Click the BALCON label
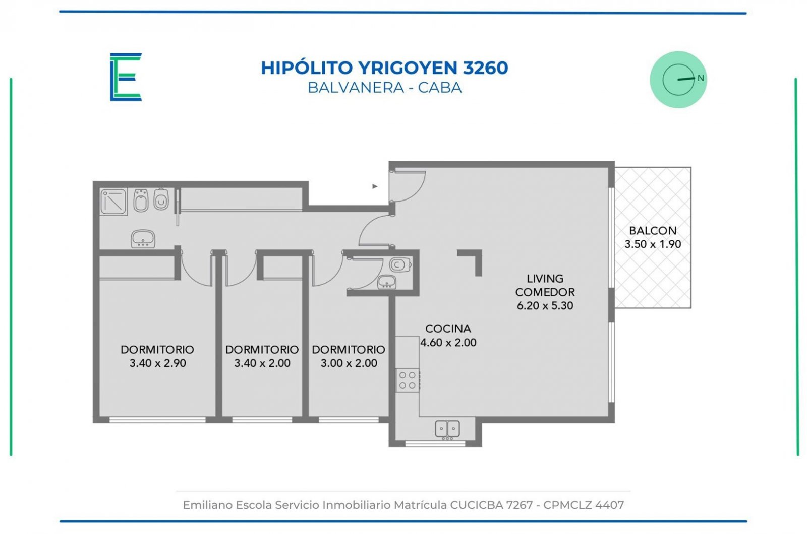(653, 230)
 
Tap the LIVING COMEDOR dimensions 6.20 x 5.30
(545, 305)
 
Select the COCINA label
(448, 329)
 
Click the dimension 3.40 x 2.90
(157, 363)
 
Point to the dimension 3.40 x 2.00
(262, 363)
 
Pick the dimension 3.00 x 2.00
(349, 363)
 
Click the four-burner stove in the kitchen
(408, 380)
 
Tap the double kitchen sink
(447, 430)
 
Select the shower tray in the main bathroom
(113, 202)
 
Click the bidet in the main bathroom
(141, 200)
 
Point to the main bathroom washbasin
(143, 239)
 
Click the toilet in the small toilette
(400, 265)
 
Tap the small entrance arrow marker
(375, 186)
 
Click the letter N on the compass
(701, 78)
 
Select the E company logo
(126, 77)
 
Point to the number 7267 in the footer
(519, 505)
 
